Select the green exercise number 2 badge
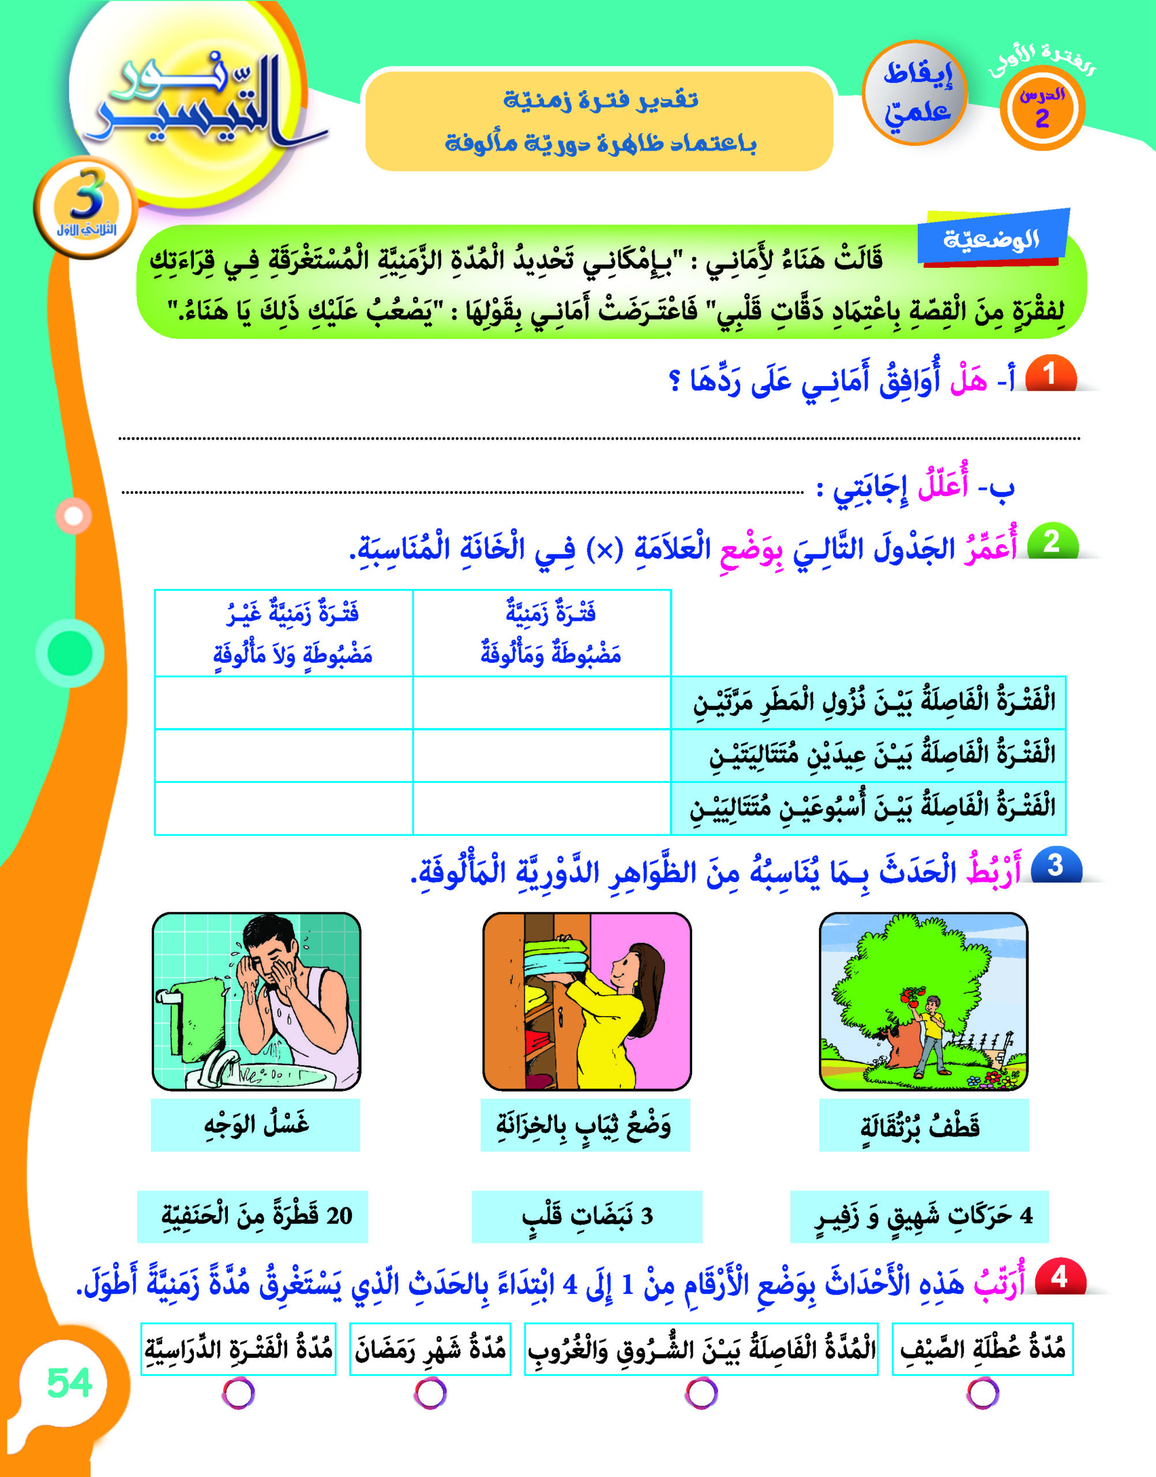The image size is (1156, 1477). tap(1051, 542)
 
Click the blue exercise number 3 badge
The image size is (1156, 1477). tap(1055, 866)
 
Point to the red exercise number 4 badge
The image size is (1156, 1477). tap(1059, 1277)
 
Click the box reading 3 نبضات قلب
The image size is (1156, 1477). tap(587, 1216)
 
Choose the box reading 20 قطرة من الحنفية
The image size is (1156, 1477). tap(253, 1216)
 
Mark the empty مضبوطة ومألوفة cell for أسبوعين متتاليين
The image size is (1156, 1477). tap(542, 808)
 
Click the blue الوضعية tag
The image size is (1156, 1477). tap(992, 238)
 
